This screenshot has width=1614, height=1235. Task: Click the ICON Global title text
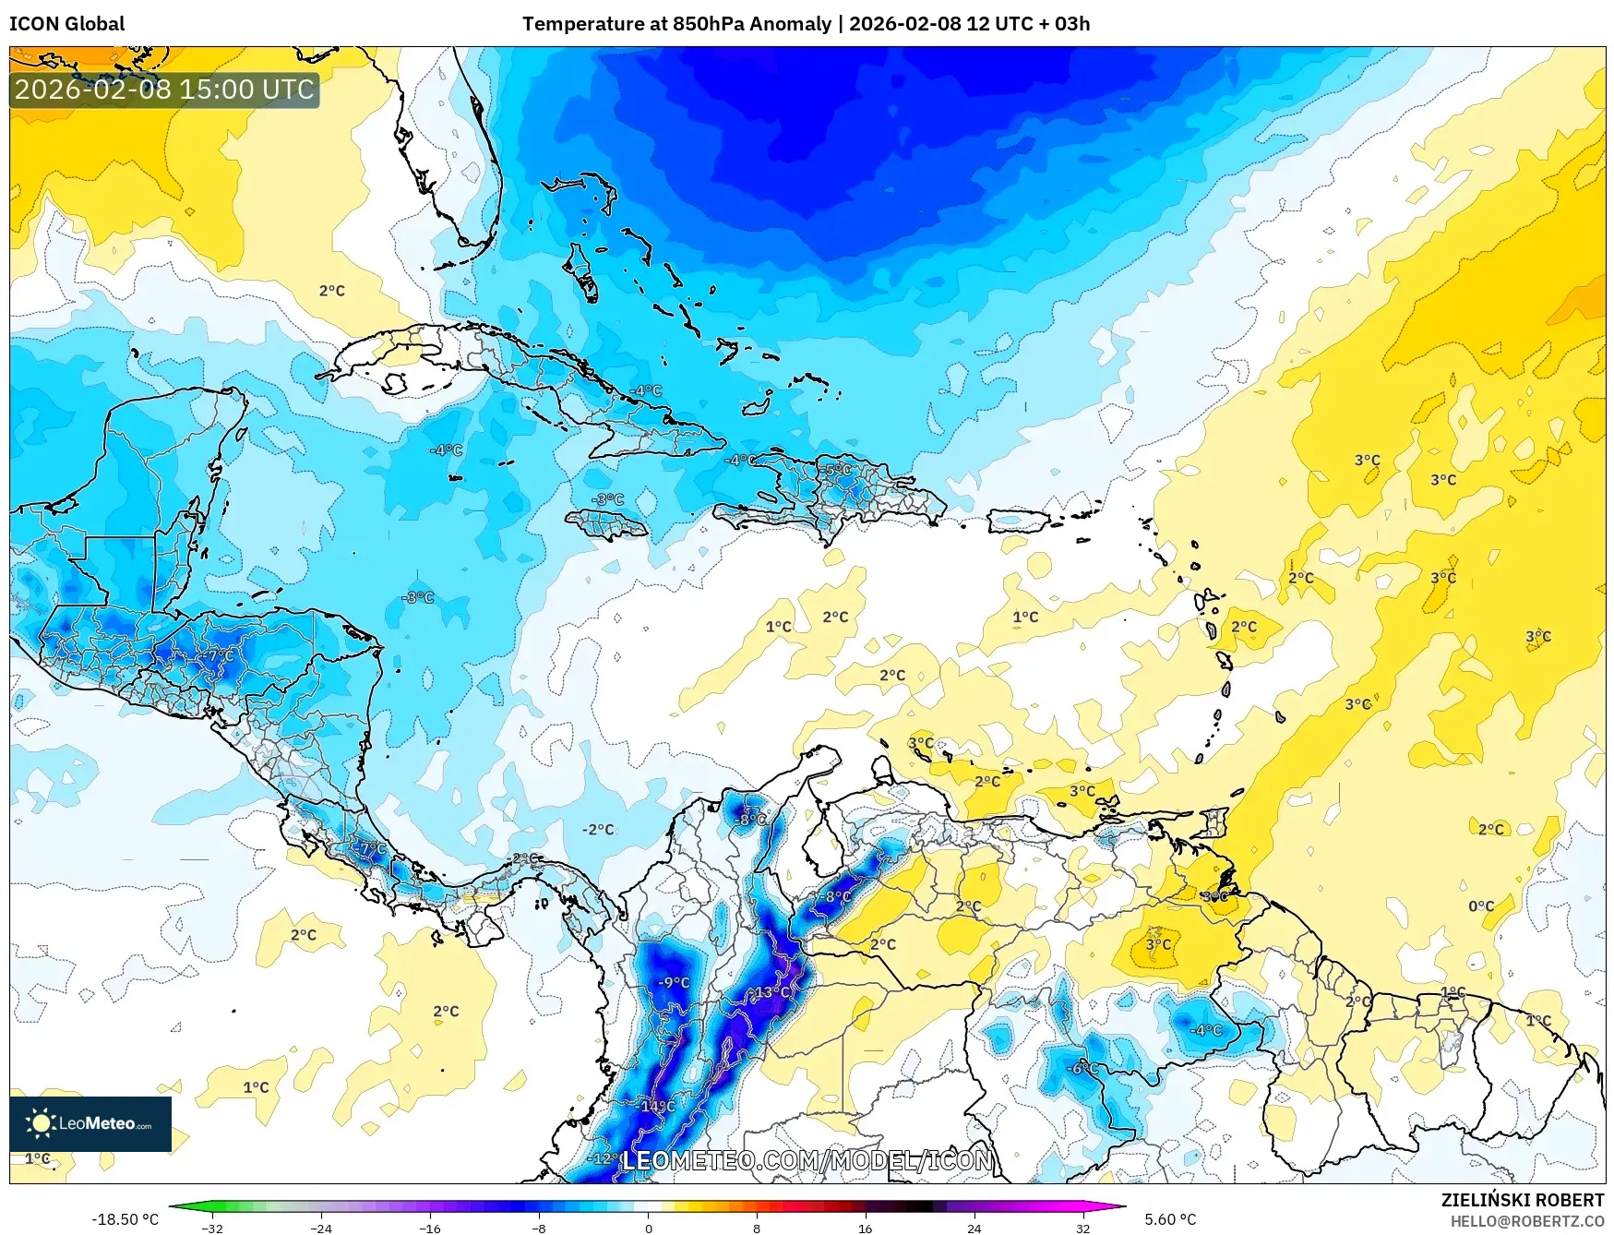tap(66, 24)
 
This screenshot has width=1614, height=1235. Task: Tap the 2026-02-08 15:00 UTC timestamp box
tap(164, 90)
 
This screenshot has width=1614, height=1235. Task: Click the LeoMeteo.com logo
tap(90, 1123)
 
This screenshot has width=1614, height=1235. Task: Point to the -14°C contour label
tap(656, 1106)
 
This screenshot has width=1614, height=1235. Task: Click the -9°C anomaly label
tap(674, 982)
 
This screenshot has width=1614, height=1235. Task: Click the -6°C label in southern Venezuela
tap(1082, 1068)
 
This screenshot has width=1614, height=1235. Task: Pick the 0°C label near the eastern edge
tap(1481, 906)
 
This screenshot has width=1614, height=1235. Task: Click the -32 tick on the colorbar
tap(212, 1228)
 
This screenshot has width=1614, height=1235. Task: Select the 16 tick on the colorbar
tap(865, 1228)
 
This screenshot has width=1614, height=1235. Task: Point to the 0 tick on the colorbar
tap(648, 1228)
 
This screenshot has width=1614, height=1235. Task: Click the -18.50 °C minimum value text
tap(125, 1219)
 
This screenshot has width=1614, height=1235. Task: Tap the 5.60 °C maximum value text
tap(1170, 1219)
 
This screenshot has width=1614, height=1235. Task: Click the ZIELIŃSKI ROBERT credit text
tap(1523, 1200)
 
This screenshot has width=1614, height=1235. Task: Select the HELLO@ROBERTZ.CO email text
tap(1526, 1221)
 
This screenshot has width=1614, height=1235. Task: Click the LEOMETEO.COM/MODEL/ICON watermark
tap(807, 1160)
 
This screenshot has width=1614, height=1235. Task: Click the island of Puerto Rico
tap(1019, 522)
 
